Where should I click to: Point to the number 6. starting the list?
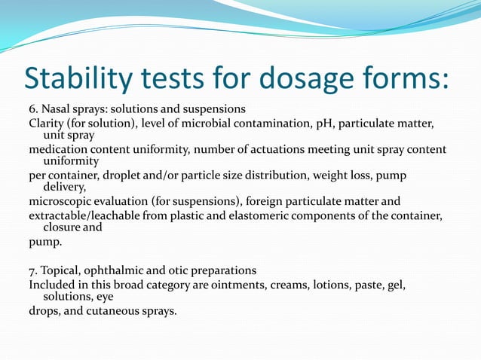(34, 108)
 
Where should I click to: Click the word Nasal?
(58, 108)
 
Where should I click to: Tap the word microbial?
(208, 123)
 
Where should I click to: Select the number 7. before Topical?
(33, 270)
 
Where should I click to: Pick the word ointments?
(234, 285)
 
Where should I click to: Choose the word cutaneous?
(115, 311)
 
